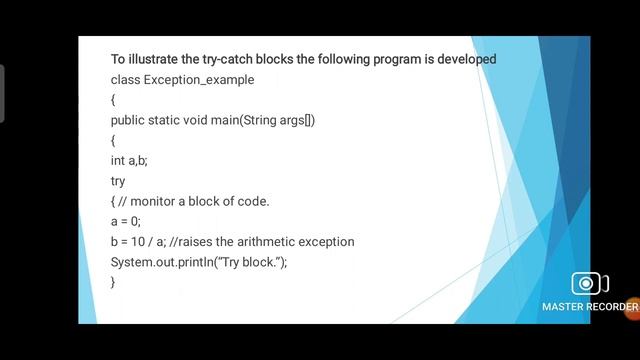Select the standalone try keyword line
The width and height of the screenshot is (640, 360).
pyautogui.click(x=118, y=181)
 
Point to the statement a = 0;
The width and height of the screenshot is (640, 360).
pyautogui.click(x=126, y=221)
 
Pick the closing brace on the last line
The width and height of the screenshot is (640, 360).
pyautogui.click(x=113, y=282)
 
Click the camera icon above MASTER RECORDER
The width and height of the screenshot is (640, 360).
pyautogui.click(x=589, y=284)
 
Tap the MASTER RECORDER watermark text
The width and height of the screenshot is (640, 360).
pyautogui.click(x=589, y=306)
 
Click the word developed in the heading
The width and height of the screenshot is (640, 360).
pyautogui.click(x=467, y=59)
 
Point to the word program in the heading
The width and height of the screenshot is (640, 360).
pyautogui.click(x=398, y=59)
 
